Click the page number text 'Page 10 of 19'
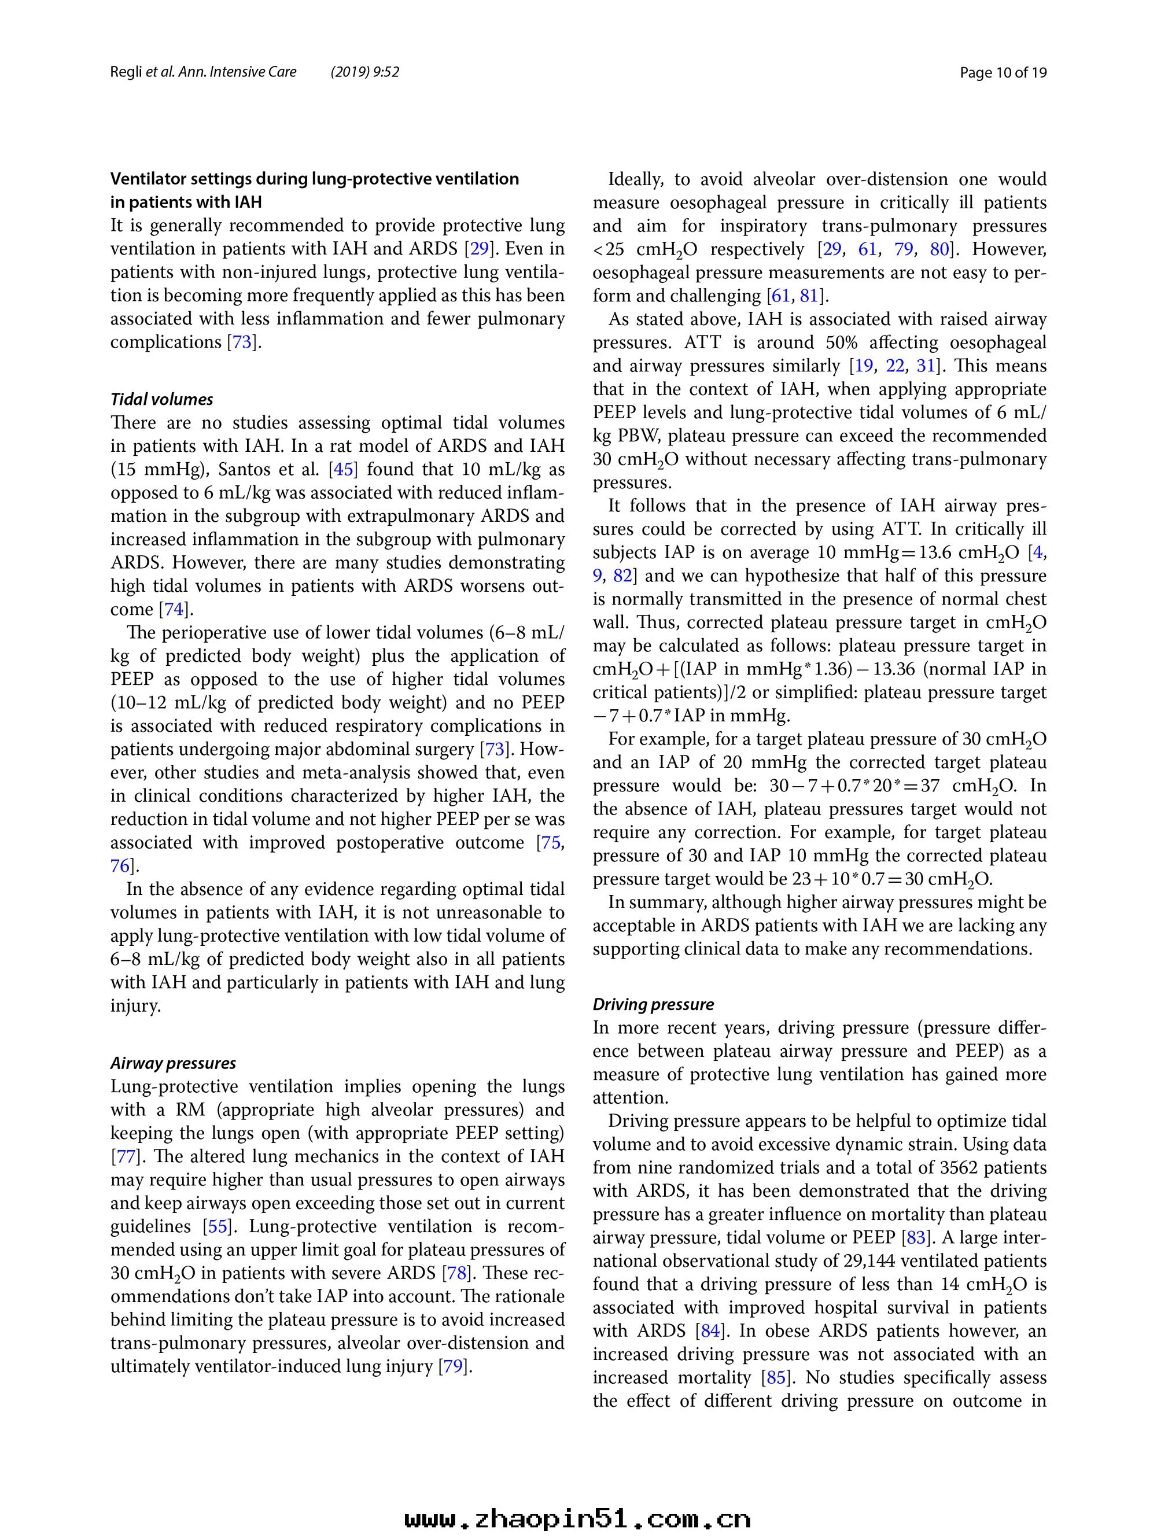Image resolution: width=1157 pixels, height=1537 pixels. point(1003,72)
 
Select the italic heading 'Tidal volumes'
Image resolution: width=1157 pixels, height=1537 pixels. point(162,400)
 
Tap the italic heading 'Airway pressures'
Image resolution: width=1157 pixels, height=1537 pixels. point(173,1063)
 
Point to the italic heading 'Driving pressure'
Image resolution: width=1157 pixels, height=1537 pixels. point(653,1004)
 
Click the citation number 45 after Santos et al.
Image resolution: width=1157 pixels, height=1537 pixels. point(343,470)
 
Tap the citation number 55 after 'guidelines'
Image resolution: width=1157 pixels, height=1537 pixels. point(218,1226)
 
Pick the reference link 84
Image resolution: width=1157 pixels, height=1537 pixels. point(712,1330)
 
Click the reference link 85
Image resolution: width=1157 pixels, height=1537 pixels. point(776,1377)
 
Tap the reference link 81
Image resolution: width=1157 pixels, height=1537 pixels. point(809,296)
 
